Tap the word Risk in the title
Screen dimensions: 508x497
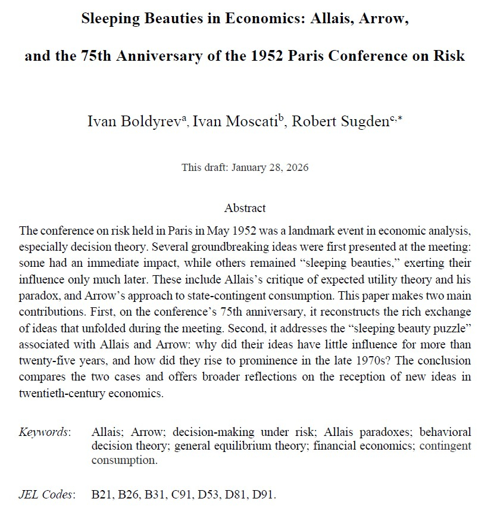[x=448, y=57]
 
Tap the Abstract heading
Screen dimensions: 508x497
[x=245, y=208]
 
